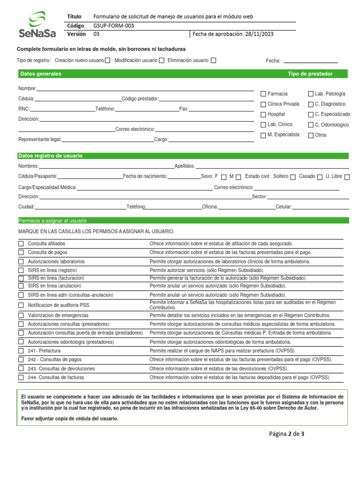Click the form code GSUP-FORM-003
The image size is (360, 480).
(x=113, y=26)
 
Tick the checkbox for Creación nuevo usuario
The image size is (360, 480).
(x=108, y=60)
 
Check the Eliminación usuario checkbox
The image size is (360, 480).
(x=213, y=60)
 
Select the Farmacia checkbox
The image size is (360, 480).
(x=263, y=94)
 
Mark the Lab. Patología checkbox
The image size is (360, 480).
(x=311, y=94)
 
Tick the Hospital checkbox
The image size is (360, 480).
(x=263, y=115)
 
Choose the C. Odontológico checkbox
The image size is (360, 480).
(x=311, y=125)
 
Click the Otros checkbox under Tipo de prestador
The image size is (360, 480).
(x=311, y=135)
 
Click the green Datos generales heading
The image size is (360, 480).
(x=41, y=74)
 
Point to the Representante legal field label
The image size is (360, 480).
(x=40, y=140)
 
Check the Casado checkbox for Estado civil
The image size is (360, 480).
(x=320, y=177)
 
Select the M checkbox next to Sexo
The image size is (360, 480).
(x=239, y=177)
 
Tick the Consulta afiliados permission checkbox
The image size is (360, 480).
(x=21, y=244)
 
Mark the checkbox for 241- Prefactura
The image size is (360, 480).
(x=21, y=351)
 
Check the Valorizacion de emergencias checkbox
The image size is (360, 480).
(x=21, y=315)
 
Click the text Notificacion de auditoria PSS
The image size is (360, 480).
(x=58, y=305)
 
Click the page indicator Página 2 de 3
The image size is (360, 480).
(x=286, y=434)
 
